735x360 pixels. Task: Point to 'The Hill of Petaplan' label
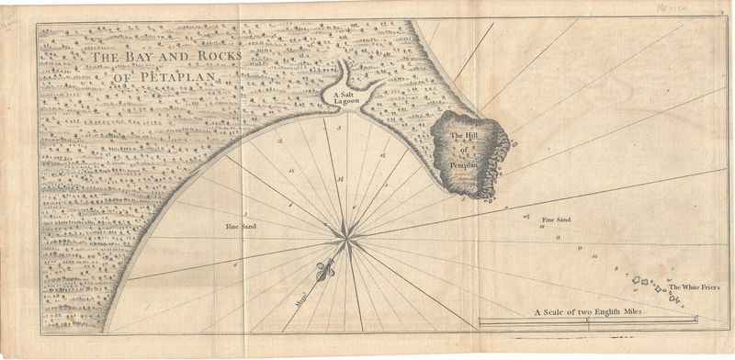[465, 150]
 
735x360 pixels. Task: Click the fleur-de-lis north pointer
[322, 272]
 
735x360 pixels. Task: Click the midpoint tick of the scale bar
[587, 321]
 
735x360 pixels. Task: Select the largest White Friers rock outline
[645, 281]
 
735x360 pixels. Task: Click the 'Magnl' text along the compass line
[299, 298]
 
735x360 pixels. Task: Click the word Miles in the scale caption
[632, 312]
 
